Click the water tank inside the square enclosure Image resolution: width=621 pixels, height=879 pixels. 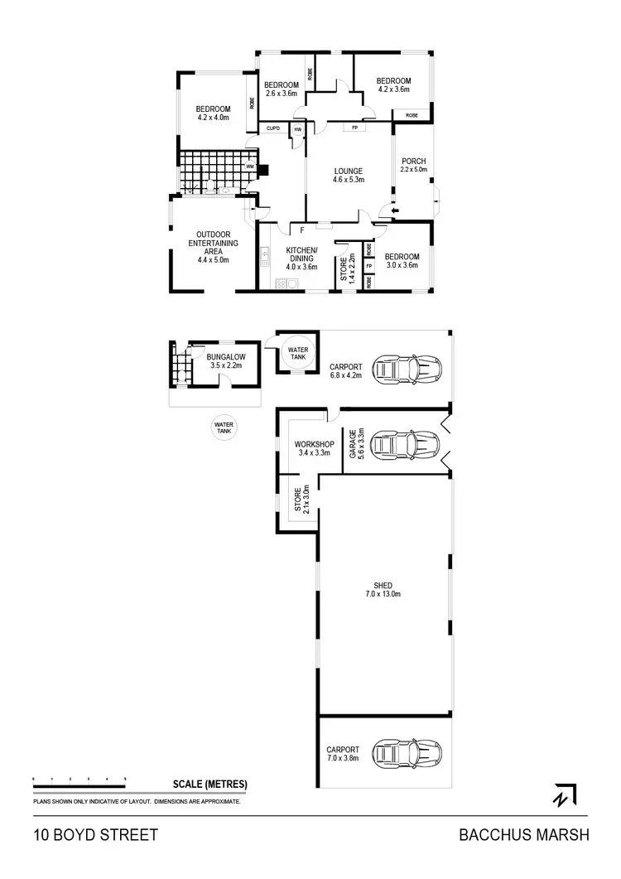(x=296, y=354)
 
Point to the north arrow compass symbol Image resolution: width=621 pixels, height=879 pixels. (x=565, y=794)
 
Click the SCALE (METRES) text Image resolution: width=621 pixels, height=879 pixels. (x=210, y=784)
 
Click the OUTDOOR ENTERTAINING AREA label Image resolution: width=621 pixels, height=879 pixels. (x=213, y=247)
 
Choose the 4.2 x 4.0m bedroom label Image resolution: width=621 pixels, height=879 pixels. (x=213, y=113)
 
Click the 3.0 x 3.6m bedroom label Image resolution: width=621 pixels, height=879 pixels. (x=402, y=261)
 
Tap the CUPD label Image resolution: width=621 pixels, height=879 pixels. (x=272, y=129)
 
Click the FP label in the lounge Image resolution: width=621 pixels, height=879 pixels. (x=354, y=128)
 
